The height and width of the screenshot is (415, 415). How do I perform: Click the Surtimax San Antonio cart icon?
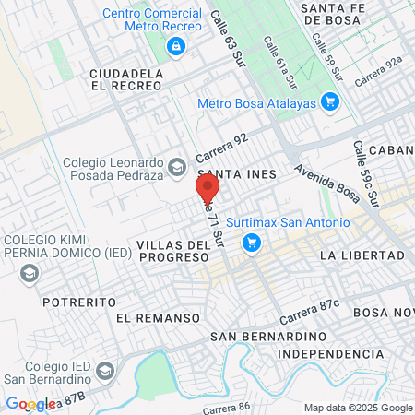pos(249,243)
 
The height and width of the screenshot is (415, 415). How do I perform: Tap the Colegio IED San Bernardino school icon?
pos(105,371)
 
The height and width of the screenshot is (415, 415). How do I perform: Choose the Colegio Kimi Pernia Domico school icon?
pos(30,273)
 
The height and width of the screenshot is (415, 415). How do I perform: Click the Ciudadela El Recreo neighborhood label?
pos(125,78)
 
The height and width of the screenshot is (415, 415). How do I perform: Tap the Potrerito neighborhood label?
pos(79,302)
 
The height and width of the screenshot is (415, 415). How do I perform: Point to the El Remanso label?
pos(159,317)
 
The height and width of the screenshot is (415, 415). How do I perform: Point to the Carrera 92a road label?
pos(378,71)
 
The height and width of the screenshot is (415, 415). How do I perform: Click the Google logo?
pos(30,404)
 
